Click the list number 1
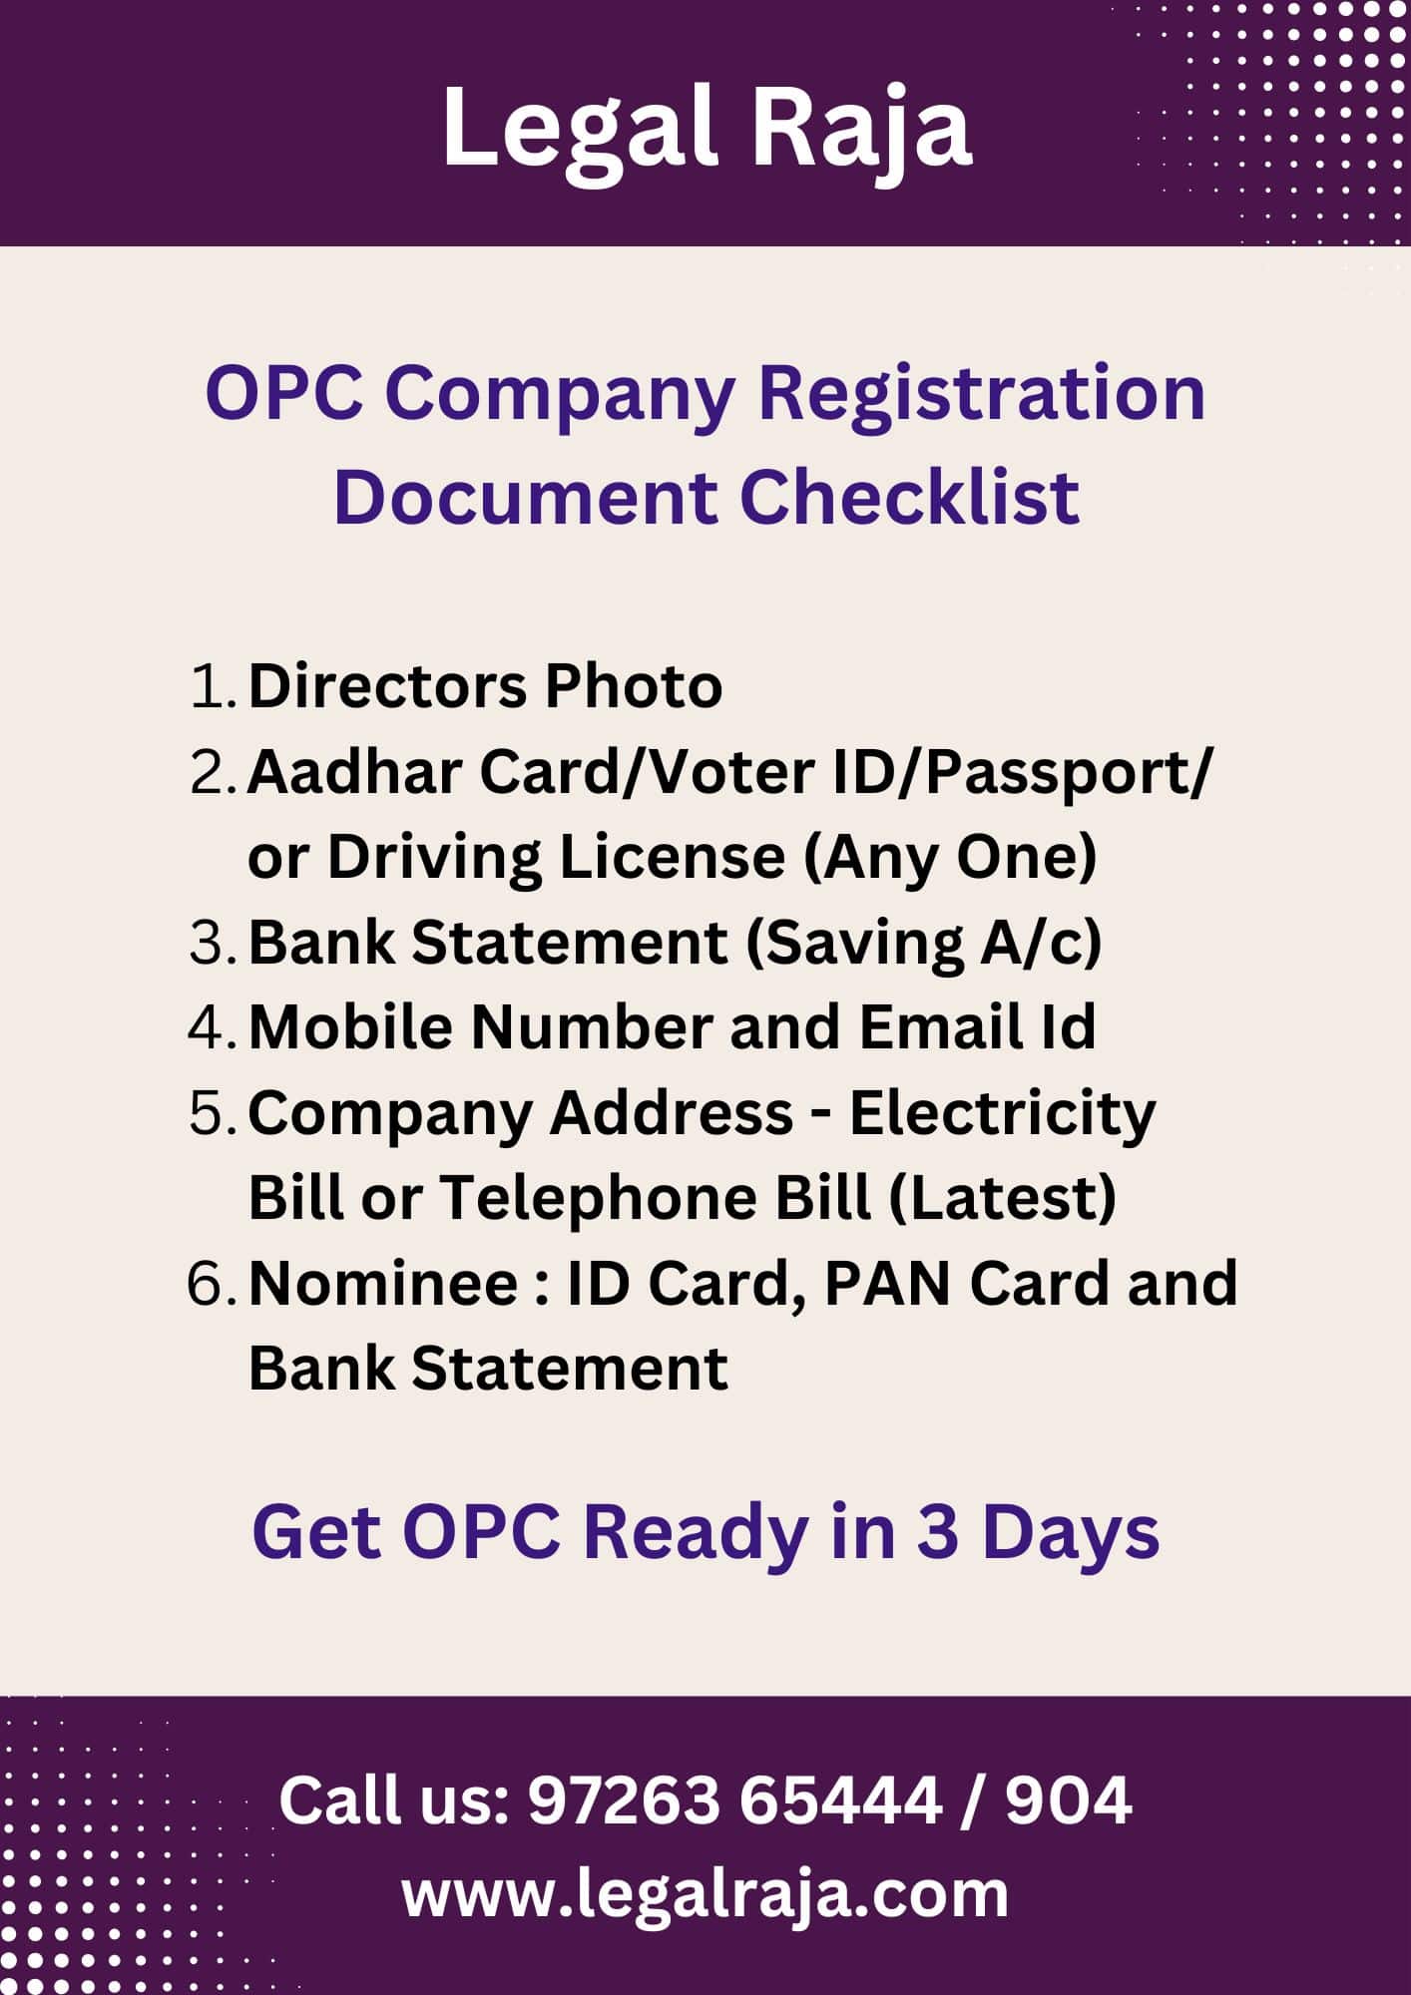pyautogui.click(x=211, y=687)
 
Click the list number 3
pyautogui.click(x=211, y=944)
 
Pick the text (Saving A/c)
pyautogui.click(x=924, y=944)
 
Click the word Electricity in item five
pyautogui.click(x=1002, y=1113)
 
